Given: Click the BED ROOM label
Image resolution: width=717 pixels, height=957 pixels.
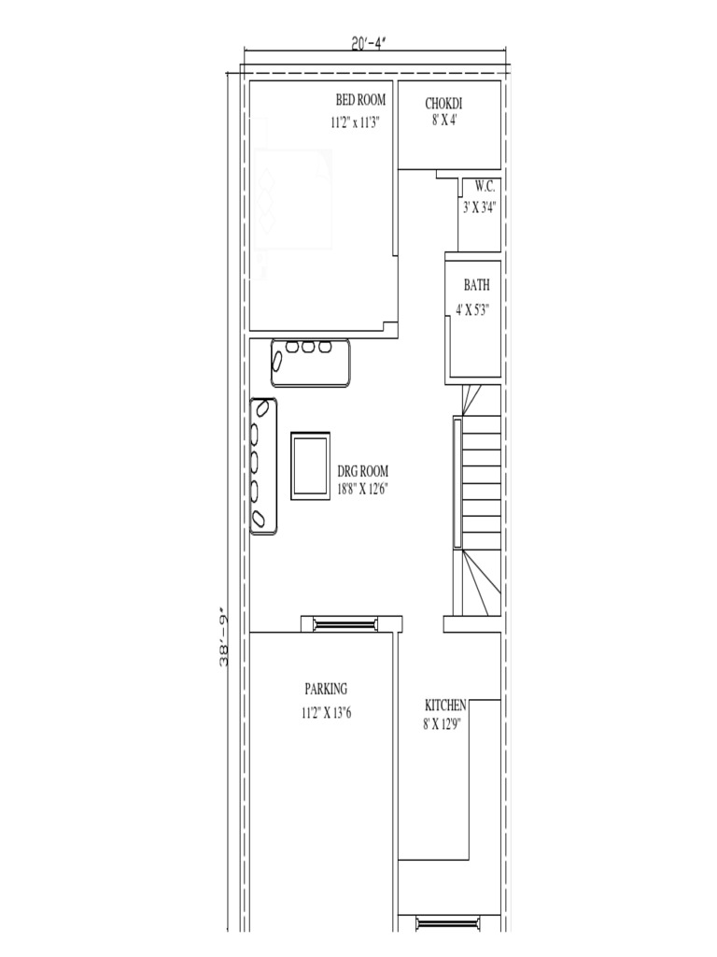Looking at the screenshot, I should click(x=360, y=100).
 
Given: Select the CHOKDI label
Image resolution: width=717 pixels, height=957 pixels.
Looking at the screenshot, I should click(x=444, y=104).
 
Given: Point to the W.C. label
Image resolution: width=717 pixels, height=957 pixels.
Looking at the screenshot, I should click(x=484, y=186).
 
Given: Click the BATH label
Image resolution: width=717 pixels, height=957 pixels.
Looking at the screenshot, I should click(x=476, y=286).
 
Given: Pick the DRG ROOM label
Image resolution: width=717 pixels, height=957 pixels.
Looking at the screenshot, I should click(x=362, y=471).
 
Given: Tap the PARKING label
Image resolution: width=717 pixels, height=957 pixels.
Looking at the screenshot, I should click(x=326, y=690).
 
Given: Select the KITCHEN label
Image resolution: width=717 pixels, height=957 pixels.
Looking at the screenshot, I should click(x=445, y=705).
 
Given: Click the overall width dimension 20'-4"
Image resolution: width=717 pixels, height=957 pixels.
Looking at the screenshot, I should click(x=371, y=44).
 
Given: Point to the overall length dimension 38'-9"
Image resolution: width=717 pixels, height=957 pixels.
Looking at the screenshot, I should click(x=225, y=637).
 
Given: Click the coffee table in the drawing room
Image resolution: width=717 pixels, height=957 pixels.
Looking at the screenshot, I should click(x=310, y=465).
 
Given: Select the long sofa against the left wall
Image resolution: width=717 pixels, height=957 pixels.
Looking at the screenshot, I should click(x=264, y=465).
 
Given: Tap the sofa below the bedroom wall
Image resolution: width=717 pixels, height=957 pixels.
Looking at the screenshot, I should click(x=310, y=363).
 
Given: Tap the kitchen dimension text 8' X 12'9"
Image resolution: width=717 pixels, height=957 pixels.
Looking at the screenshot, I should click(x=443, y=722).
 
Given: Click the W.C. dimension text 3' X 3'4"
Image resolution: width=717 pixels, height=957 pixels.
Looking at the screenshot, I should click(x=479, y=208).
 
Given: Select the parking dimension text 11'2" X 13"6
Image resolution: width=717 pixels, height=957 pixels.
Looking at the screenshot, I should click(x=326, y=713).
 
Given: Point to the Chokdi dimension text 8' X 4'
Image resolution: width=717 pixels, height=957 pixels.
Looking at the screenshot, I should click(x=444, y=121).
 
